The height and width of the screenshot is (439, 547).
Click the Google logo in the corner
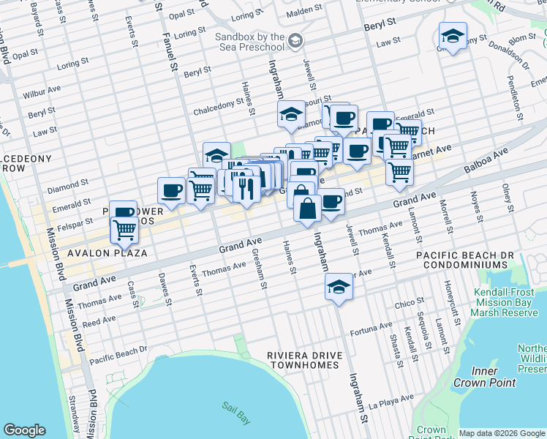coord(24,430)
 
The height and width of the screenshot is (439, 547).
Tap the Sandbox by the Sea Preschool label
coord(250,42)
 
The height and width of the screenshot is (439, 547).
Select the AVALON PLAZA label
coord(107,253)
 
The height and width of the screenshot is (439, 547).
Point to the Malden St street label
coord(323,12)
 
